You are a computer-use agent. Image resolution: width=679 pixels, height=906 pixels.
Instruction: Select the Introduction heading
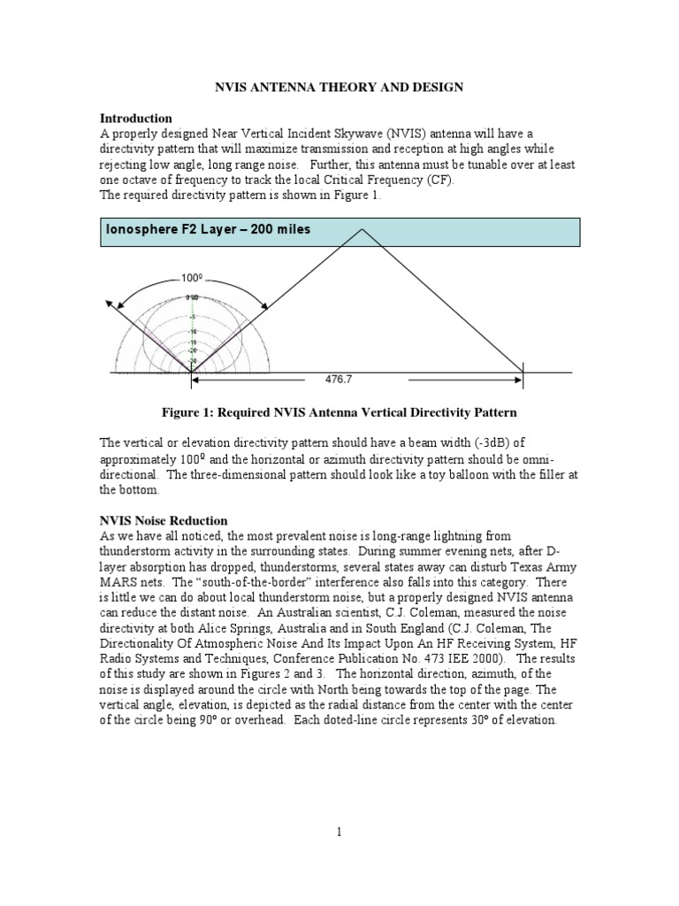135,118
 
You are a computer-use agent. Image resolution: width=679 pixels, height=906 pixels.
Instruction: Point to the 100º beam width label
193,278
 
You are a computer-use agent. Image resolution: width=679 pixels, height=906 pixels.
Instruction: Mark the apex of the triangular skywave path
361,229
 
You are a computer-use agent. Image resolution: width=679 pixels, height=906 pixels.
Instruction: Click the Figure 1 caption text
339,412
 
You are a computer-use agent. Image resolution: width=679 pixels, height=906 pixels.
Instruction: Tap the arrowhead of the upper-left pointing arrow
109,303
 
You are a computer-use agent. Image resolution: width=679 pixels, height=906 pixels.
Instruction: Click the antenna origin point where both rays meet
191,372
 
